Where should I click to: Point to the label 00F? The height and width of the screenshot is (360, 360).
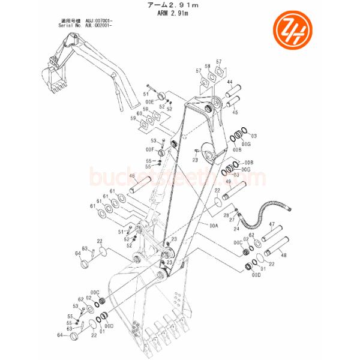click(x=150, y=149)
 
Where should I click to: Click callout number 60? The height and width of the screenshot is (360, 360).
click(x=139, y=113)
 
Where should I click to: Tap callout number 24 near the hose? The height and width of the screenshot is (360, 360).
click(x=236, y=229)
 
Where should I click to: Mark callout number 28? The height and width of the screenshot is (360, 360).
click(x=226, y=215)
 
